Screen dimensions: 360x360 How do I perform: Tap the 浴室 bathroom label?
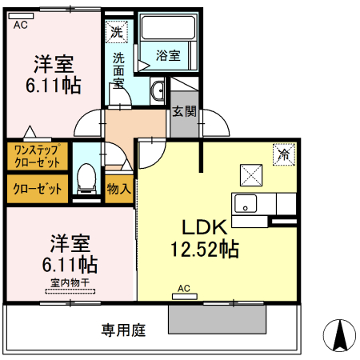click(x=168, y=57)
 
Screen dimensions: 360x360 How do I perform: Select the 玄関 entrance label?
click(x=182, y=112)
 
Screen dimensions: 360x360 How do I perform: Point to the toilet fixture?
click(x=86, y=178)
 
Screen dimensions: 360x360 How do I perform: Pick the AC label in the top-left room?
click(x=21, y=25)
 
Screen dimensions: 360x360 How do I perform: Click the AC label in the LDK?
click(x=183, y=288)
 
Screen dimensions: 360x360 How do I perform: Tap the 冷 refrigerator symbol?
click(x=283, y=154)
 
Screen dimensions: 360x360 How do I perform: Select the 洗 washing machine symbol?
click(x=118, y=33)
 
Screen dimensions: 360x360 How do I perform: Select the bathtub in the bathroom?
click(x=170, y=30)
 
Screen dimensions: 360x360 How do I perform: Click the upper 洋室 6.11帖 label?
click(x=54, y=73)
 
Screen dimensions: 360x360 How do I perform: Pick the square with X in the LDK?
click(x=250, y=174)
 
